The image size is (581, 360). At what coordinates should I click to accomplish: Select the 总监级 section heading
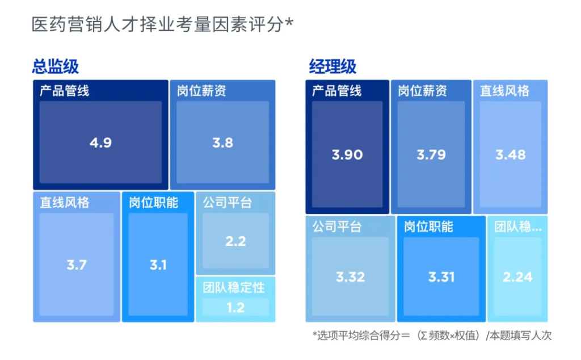click(55, 66)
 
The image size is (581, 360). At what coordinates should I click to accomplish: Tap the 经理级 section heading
click(332, 66)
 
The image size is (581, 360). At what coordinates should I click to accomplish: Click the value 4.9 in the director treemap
click(100, 143)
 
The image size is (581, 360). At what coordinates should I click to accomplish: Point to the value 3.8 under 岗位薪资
click(222, 143)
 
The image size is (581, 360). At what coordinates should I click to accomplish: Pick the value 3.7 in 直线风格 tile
click(77, 264)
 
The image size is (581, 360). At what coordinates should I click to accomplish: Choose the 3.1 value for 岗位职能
click(158, 264)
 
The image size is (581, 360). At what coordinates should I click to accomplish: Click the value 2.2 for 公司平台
click(235, 241)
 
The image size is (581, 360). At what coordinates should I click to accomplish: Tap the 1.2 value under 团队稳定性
click(235, 308)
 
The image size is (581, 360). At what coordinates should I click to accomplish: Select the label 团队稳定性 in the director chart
click(234, 287)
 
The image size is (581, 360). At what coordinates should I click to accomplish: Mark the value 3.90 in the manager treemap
click(347, 154)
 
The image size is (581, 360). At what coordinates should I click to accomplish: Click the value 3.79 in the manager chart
click(431, 154)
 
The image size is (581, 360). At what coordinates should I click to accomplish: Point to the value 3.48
click(511, 154)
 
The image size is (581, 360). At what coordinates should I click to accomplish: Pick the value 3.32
click(350, 277)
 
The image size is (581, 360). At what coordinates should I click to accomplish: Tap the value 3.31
click(441, 277)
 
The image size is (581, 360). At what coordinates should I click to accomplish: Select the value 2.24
click(517, 277)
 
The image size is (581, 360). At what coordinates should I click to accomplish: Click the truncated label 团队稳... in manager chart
click(517, 227)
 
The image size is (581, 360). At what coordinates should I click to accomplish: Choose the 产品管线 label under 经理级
click(336, 90)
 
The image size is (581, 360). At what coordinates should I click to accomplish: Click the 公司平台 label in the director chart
click(227, 203)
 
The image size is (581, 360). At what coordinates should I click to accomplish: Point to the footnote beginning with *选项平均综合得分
click(432, 335)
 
